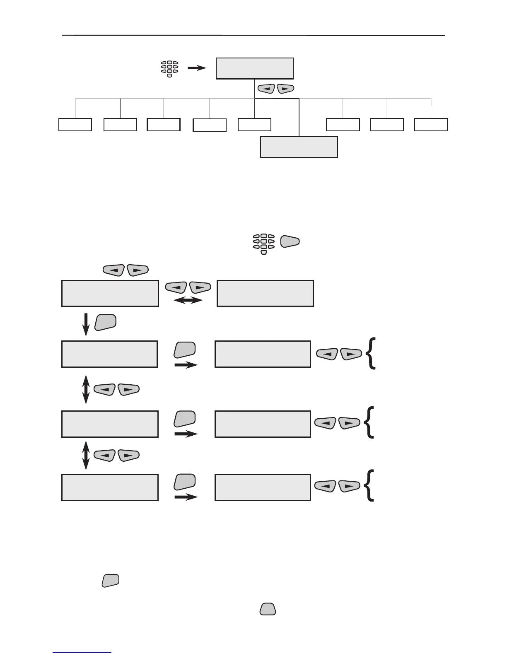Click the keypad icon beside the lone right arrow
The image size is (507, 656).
[169, 69]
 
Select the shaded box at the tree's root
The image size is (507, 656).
[254, 68]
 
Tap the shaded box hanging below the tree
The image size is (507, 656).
[298, 147]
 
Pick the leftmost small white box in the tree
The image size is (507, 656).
[75, 125]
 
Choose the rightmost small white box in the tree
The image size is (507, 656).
[431, 125]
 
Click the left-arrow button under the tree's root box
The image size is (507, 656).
[267, 88]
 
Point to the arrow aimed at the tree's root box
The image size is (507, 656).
[196, 68]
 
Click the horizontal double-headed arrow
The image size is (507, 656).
[188, 300]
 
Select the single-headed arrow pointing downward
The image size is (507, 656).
[86, 325]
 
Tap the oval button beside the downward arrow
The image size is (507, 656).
[105, 322]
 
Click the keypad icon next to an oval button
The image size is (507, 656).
[264, 244]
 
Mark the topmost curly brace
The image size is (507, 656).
[372, 353]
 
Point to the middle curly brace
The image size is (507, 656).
[369, 422]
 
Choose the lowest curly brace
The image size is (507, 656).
[369, 486]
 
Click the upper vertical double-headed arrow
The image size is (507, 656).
[86, 389]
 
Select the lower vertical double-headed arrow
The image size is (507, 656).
[86, 455]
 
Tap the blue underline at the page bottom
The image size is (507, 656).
[82, 653]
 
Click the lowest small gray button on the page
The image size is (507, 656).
[268, 608]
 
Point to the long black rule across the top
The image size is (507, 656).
[253, 36]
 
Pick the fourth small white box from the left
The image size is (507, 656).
[210, 125]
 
